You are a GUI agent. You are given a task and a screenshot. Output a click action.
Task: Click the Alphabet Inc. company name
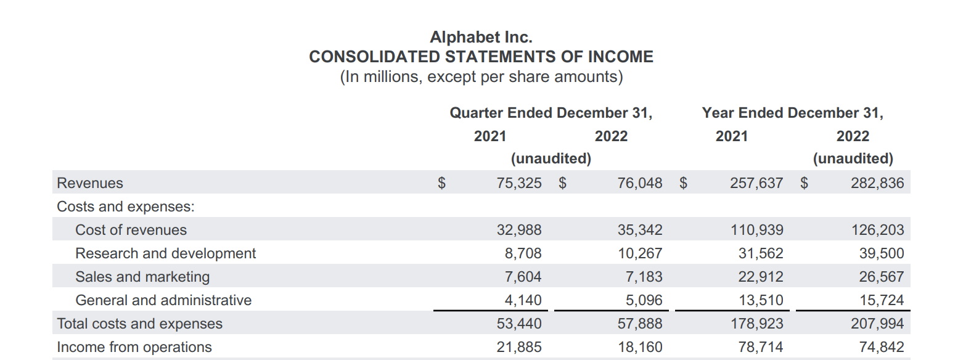[x=481, y=37]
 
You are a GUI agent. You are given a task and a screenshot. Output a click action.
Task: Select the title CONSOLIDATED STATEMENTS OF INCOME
[x=481, y=57]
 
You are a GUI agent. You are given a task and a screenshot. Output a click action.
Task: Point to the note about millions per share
[x=481, y=76]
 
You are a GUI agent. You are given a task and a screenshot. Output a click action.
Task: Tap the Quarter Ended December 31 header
[x=551, y=113]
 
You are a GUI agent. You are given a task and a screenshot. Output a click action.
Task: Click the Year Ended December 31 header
[x=792, y=113]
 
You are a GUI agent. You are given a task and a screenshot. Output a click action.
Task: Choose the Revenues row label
[x=90, y=183]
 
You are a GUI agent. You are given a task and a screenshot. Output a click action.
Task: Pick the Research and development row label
[x=165, y=253]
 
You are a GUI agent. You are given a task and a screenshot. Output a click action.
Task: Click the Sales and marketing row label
[x=142, y=277]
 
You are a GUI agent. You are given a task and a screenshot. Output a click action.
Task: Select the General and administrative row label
[x=163, y=300]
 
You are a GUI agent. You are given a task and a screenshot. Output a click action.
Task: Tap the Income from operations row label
[x=134, y=347]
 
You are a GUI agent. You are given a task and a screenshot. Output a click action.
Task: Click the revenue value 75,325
[x=519, y=183]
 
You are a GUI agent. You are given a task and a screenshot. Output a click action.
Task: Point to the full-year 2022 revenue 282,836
[x=877, y=183]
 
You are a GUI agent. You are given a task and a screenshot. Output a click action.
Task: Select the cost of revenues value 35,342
[x=640, y=230]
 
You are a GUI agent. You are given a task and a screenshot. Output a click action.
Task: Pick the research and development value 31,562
[x=761, y=253]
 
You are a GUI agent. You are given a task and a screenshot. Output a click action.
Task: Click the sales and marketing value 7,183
[x=644, y=277]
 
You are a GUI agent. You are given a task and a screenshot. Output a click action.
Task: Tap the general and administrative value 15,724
[x=882, y=300]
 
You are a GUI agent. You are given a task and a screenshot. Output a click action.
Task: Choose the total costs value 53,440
[x=519, y=324]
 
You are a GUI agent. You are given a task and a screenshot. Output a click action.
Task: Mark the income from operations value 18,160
[x=640, y=347]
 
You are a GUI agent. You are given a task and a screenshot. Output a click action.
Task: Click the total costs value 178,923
[x=756, y=324]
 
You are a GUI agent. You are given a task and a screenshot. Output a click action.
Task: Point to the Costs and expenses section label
[x=126, y=207]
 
